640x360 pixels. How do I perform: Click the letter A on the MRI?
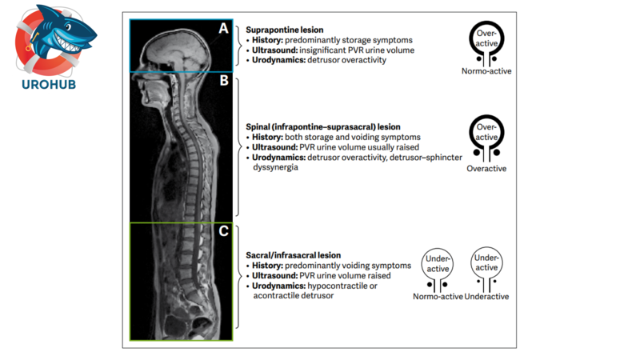tap(224, 29)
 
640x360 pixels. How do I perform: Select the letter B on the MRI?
tap(224, 81)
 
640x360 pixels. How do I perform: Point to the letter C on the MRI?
tap(224, 232)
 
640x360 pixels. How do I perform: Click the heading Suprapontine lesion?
tap(284, 30)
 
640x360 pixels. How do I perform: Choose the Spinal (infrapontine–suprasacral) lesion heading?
tap(323, 126)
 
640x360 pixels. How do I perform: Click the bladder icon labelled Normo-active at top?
tap(486, 42)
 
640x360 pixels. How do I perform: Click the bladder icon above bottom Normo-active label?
tap(438, 270)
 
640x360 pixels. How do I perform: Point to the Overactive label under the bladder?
tap(486, 170)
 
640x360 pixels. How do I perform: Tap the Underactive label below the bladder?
tap(486, 297)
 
